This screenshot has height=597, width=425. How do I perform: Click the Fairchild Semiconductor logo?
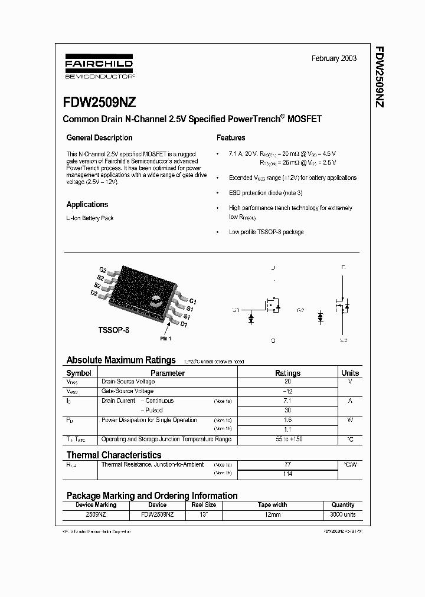click(99, 68)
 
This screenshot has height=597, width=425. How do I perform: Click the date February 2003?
click(334, 59)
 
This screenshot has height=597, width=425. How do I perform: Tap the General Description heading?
click(99, 138)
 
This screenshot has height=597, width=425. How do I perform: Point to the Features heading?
click(231, 138)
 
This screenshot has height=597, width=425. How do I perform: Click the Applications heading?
click(87, 205)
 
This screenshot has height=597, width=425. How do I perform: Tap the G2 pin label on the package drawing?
click(103, 270)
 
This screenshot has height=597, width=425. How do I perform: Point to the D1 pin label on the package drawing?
click(184, 324)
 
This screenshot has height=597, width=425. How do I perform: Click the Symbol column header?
click(79, 373)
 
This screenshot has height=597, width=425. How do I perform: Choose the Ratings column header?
click(287, 373)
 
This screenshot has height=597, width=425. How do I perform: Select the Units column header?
click(350, 373)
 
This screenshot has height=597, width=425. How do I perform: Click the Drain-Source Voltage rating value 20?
click(287, 382)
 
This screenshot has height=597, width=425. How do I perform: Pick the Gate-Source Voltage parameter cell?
click(128, 391)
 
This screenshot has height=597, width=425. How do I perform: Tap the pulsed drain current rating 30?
click(287, 410)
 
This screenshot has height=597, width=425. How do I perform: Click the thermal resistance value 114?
click(287, 473)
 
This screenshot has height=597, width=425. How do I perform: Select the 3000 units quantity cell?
click(343, 514)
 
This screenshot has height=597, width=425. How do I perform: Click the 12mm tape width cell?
click(272, 514)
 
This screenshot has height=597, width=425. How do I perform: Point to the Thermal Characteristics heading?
click(114, 455)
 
